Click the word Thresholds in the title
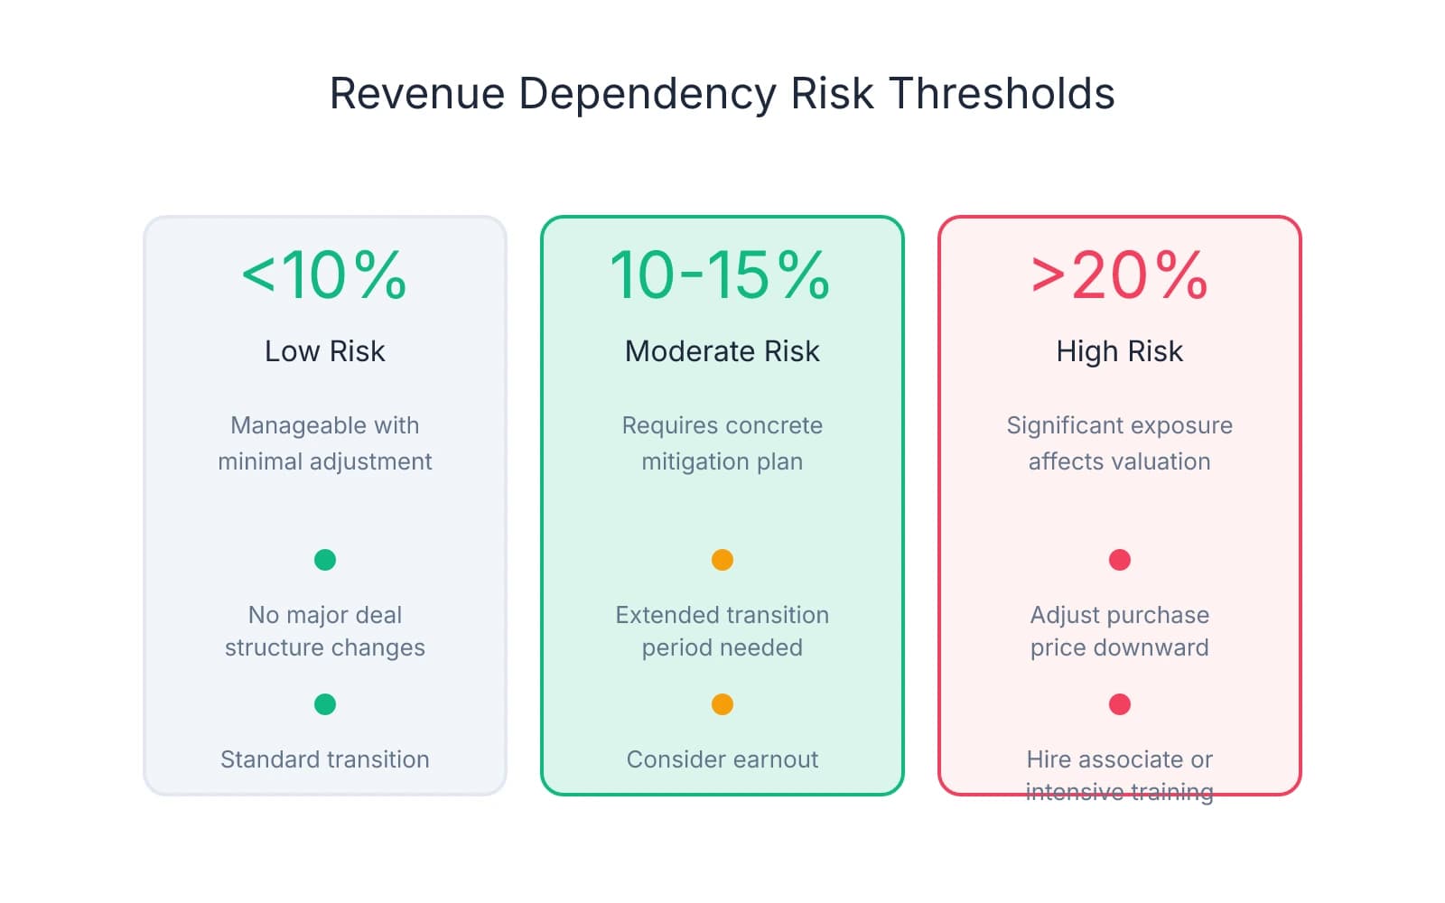(x=1002, y=94)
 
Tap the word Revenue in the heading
(x=417, y=94)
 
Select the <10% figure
(x=324, y=275)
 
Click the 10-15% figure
(x=721, y=275)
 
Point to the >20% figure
(x=1119, y=275)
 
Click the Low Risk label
(x=324, y=351)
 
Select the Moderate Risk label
(x=722, y=351)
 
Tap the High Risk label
(x=1119, y=351)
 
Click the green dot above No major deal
(x=325, y=560)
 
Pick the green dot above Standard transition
(x=325, y=704)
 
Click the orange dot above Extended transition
(x=722, y=560)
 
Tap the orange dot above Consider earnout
(x=722, y=704)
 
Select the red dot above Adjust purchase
(x=1120, y=560)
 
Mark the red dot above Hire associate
(x=1120, y=704)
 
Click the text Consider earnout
(x=722, y=759)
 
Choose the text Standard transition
(x=324, y=759)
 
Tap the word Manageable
(x=286, y=425)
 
